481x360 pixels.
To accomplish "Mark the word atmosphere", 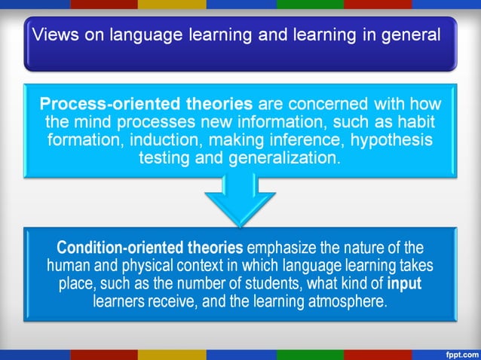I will tap(351, 302).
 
